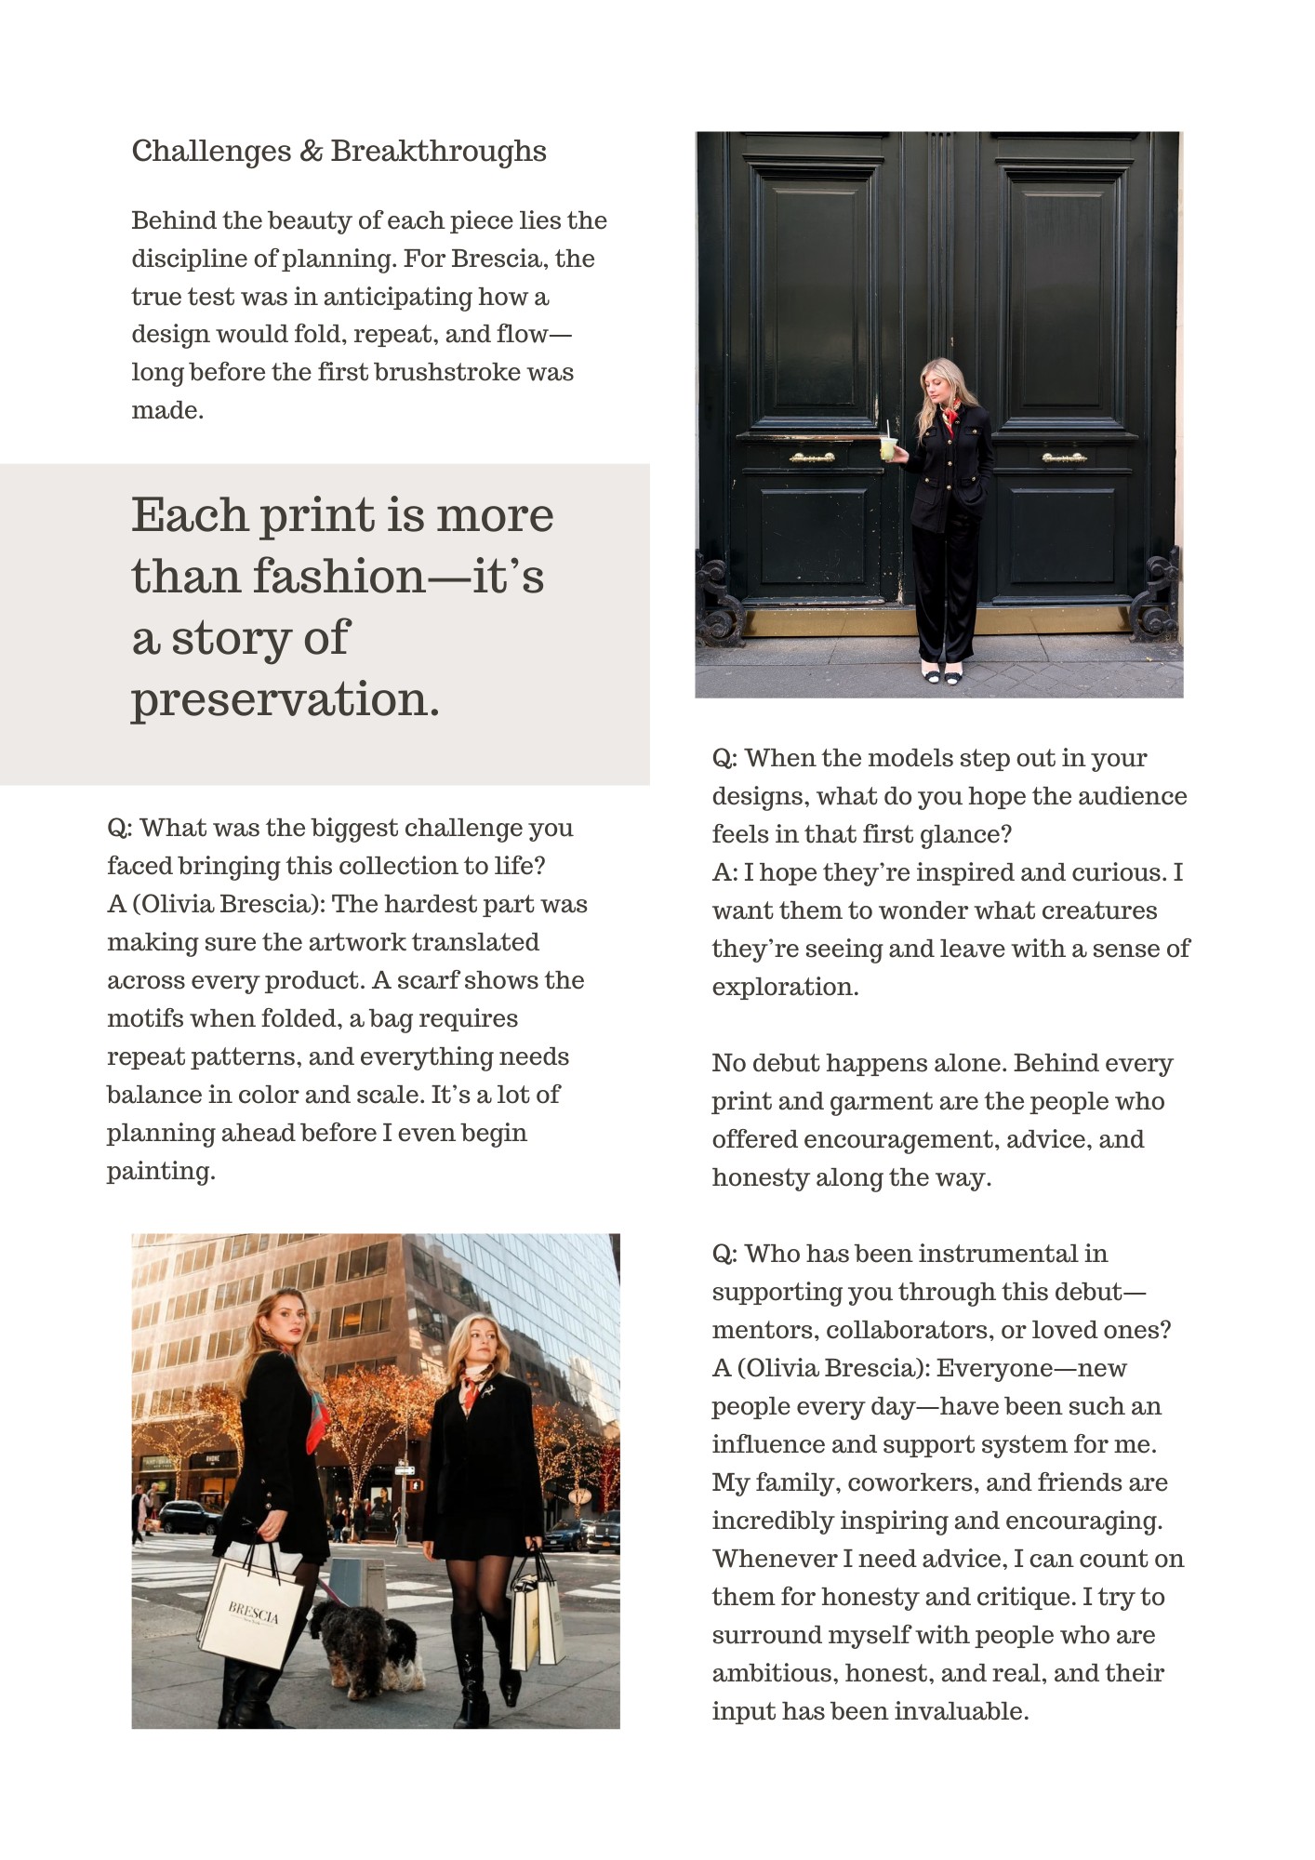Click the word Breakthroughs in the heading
pyautogui.click(x=438, y=151)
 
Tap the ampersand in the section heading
pyautogui.click(x=311, y=151)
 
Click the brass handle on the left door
pyautogui.click(x=812, y=458)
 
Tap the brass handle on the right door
pyautogui.click(x=1064, y=458)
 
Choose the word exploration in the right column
pyautogui.click(x=783, y=987)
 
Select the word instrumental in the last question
pyautogui.click(x=988, y=1254)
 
